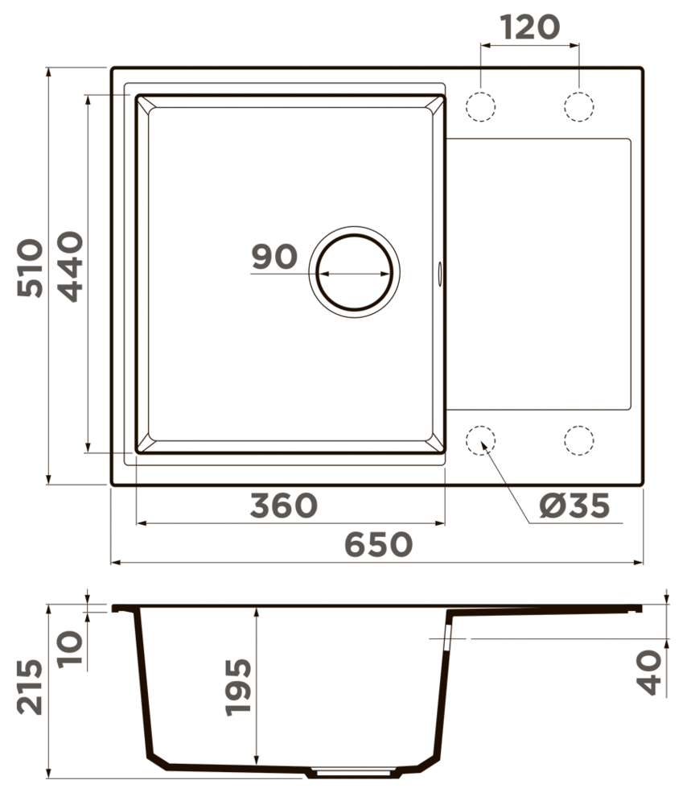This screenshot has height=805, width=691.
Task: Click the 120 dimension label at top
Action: tap(530, 27)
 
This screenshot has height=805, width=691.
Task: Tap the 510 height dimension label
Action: tap(30, 268)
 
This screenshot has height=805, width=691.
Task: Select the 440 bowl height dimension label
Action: tap(70, 266)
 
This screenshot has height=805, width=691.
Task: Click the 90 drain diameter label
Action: tap(274, 257)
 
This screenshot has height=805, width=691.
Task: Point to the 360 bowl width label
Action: tap(284, 506)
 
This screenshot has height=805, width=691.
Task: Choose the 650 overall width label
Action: tap(378, 545)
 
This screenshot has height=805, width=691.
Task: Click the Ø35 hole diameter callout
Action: tap(574, 506)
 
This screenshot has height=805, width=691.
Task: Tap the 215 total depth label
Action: tap(30, 687)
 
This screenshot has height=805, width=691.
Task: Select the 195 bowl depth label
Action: tap(238, 687)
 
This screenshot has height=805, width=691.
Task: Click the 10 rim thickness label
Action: tap(70, 649)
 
